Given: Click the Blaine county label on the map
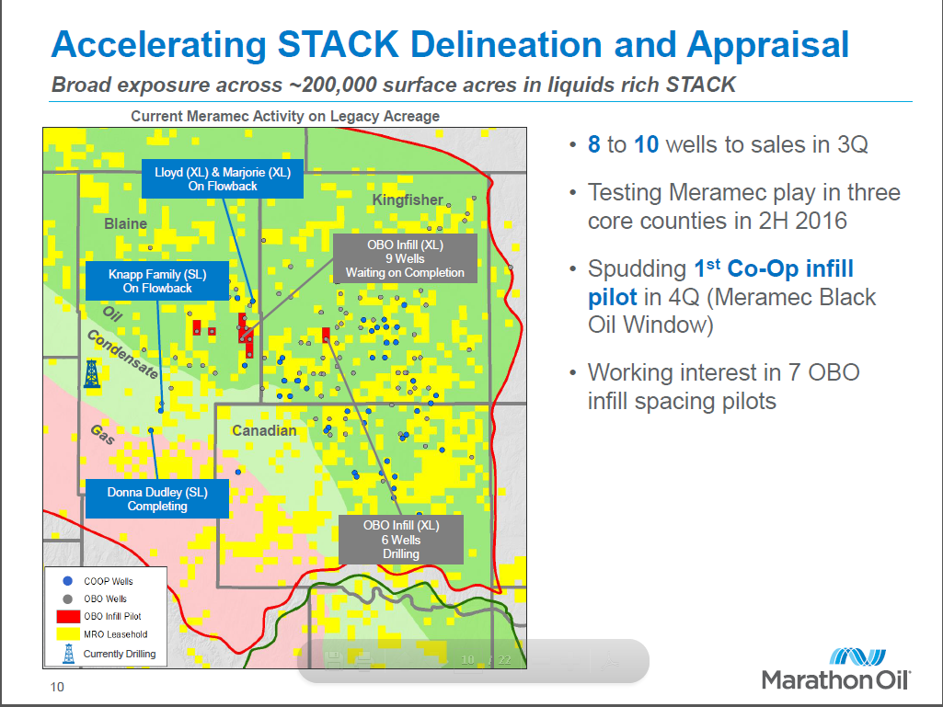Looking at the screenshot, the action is pos(125,223).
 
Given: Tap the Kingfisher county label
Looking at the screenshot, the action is pos(408,200).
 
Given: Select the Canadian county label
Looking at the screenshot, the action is pos(264,430).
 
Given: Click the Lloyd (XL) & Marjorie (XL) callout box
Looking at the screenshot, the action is pos(223,178).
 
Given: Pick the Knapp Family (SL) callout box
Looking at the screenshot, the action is pos(157,280).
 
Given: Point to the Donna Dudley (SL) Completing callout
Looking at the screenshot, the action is pos(157,498).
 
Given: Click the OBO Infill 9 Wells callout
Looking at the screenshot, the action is pos(406,258).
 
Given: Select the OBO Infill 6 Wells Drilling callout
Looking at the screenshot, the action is pos(401,540).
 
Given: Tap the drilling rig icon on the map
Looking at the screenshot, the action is pos(91,373).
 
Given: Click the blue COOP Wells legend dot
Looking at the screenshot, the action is pos(68,581).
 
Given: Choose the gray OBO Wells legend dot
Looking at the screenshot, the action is pos(68,599).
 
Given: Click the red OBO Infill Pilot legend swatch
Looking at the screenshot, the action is pos(68,616).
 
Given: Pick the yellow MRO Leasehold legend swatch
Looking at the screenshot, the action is pos(68,633).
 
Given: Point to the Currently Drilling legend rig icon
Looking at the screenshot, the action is pos(69,654).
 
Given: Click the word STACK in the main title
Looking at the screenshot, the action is pos(338,44).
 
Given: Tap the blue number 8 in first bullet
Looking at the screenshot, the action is pos(593,144).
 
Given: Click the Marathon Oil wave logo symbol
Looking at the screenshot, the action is pos(857,657).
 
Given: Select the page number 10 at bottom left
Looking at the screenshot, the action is pos(57,687).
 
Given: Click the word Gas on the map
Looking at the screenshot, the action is pos(102,434).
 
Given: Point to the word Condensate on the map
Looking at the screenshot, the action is pos(122,354).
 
